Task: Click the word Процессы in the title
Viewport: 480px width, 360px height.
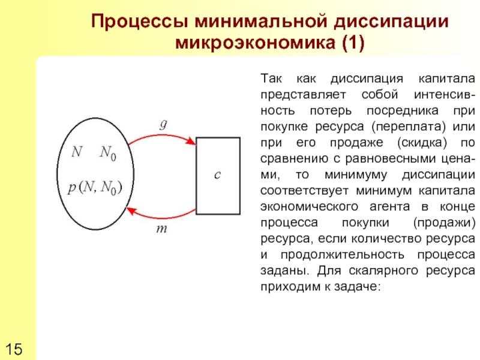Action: click(140, 23)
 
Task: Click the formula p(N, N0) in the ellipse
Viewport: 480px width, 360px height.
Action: click(94, 188)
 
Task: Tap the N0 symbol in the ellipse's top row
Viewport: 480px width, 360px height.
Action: click(108, 153)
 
